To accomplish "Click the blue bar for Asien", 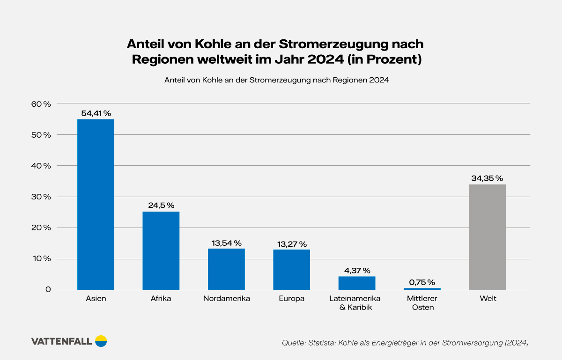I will point(96,205).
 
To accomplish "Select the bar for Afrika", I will point(161,251).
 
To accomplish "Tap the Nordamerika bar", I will point(226,269).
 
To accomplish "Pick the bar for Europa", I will point(291,270).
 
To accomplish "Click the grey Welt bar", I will point(487,237).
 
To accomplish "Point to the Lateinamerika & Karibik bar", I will point(357,283).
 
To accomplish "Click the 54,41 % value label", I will point(96,113).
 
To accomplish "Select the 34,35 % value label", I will point(487,178).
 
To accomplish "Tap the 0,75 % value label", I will point(422,282).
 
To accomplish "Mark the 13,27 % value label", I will point(291,244).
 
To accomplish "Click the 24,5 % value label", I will point(161,206).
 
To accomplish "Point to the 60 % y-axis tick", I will point(41,103).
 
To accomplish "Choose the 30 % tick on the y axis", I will point(41,197).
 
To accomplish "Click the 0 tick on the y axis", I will point(48,290).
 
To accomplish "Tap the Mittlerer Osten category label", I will point(422,303).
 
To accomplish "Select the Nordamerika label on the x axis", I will point(226,299).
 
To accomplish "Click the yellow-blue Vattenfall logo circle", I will point(101,341).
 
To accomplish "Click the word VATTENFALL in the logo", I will point(61,341).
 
